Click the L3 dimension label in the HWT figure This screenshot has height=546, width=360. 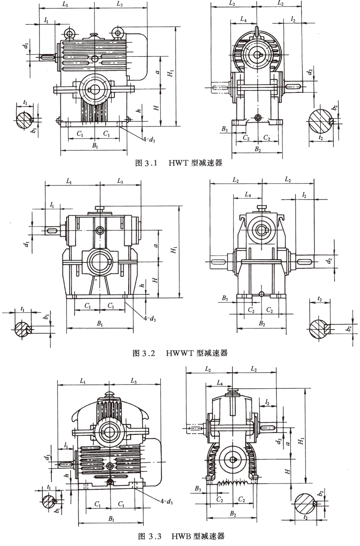119,5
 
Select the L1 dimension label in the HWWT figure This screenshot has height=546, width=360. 68,181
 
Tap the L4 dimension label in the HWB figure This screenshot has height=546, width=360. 219,383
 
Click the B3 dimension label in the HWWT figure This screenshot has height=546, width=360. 225,298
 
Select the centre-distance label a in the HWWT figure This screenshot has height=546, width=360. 155,246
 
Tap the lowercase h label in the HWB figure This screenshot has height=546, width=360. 67,475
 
